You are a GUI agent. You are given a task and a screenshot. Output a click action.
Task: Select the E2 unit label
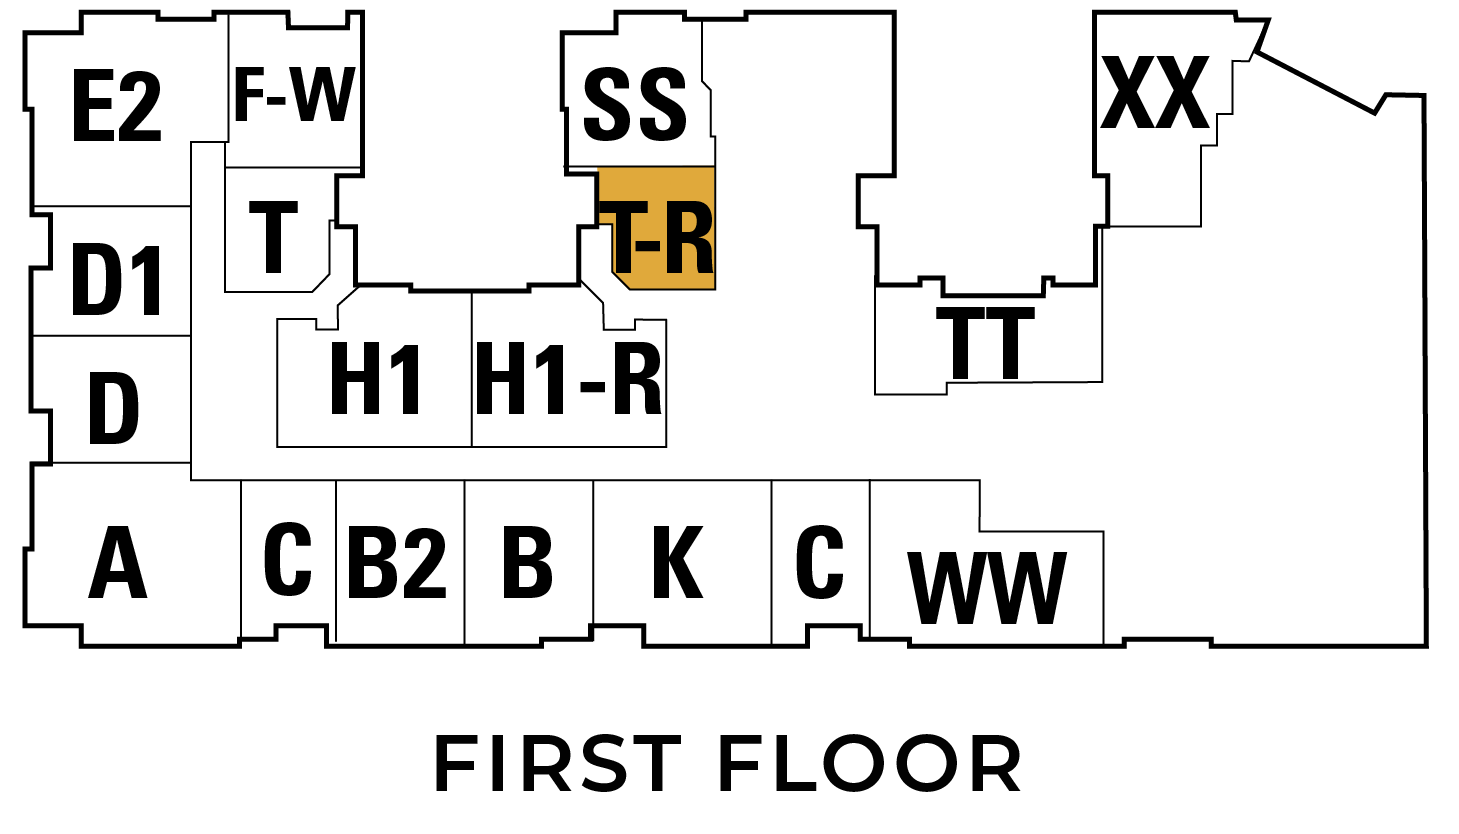pyautogui.click(x=117, y=107)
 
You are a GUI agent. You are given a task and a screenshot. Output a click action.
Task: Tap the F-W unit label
pyautogui.click(x=294, y=95)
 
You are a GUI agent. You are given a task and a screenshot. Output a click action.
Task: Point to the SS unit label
pyautogui.click(x=635, y=104)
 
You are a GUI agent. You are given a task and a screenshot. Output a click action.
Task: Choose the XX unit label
pyautogui.click(x=1155, y=93)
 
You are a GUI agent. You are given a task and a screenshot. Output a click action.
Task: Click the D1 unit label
pyautogui.click(x=117, y=281)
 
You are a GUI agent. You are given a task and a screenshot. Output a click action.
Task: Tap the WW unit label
pyautogui.click(x=987, y=588)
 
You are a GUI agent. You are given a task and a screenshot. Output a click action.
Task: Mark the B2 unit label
pyautogui.click(x=397, y=563)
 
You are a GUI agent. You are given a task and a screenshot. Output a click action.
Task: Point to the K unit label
pyautogui.click(x=677, y=562)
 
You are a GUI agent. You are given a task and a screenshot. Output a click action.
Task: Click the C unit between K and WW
pyautogui.click(x=820, y=562)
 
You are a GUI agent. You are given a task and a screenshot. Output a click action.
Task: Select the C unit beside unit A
pyautogui.click(x=287, y=560)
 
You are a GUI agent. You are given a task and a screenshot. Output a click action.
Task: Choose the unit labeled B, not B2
pyautogui.click(x=527, y=562)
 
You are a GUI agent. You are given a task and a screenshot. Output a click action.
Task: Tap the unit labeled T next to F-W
pyautogui.click(x=273, y=237)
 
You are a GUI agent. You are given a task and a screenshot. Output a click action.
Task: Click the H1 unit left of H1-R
pyautogui.click(x=375, y=379)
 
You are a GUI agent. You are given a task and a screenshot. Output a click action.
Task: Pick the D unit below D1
pyautogui.click(x=113, y=408)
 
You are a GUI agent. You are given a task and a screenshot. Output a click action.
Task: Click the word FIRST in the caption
pyautogui.click(x=558, y=764)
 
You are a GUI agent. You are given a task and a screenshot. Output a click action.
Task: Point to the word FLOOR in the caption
pyautogui.click(x=869, y=764)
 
